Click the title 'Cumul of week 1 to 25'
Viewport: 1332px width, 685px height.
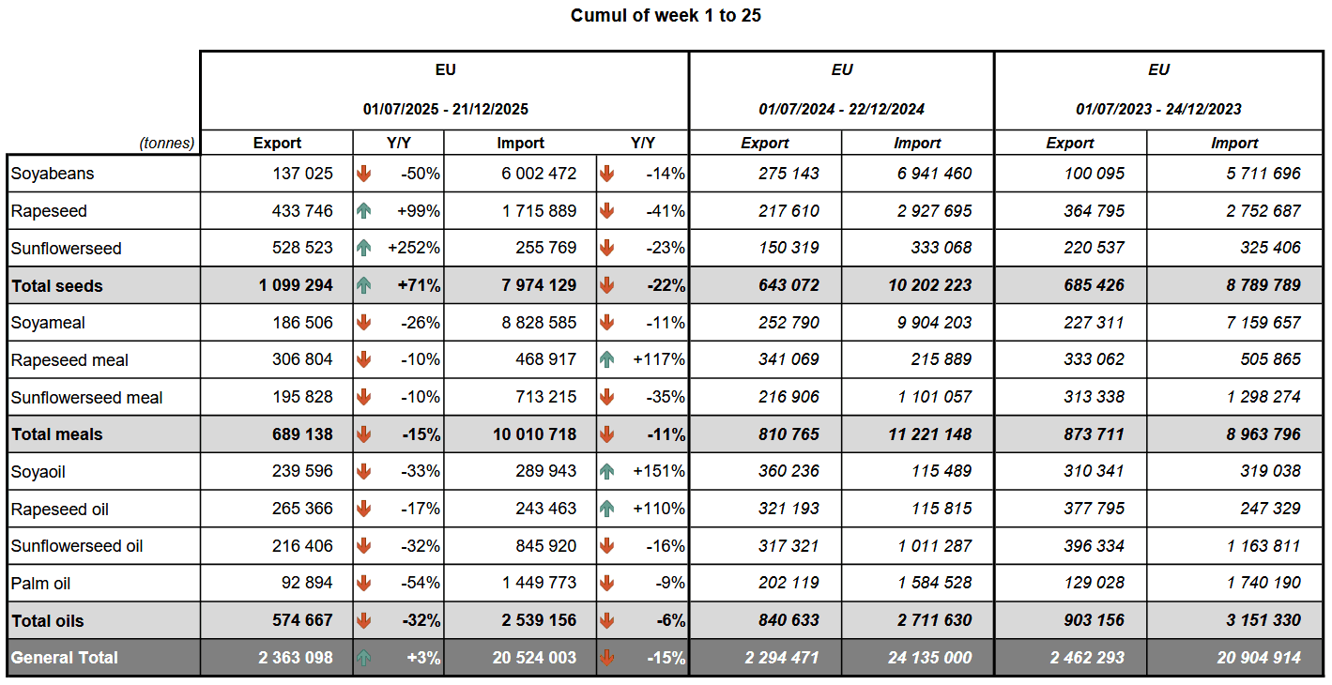click(666, 16)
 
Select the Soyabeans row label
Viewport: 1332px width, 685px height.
click(53, 174)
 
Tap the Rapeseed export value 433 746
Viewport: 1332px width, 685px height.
click(297, 211)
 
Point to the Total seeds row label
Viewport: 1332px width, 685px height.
click(57, 286)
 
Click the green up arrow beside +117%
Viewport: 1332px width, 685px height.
click(606, 359)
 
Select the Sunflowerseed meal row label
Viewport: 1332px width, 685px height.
click(86, 398)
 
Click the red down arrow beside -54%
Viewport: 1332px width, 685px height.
click(364, 583)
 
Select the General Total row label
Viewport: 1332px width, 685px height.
click(65, 658)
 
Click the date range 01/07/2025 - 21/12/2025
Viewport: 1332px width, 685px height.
click(446, 109)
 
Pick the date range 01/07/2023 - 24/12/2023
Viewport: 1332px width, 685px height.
click(1158, 109)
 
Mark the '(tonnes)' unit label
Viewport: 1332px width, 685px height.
click(167, 144)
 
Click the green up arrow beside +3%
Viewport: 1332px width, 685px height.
click(364, 658)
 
